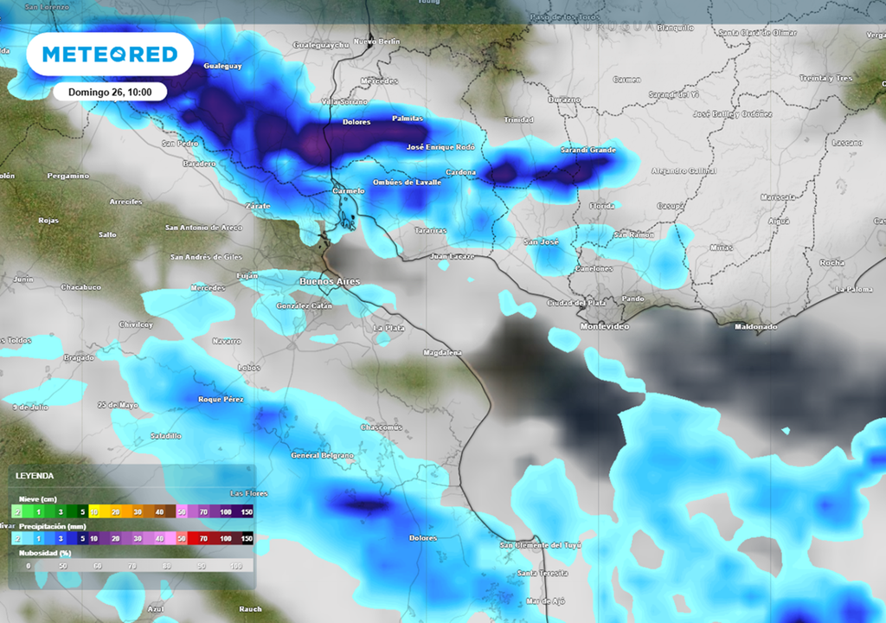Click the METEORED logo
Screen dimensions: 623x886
click(x=109, y=55)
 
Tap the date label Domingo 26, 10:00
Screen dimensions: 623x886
click(x=110, y=92)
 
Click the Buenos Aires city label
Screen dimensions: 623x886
click(x=329, y=282)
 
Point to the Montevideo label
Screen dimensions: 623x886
click(x=605, y=326)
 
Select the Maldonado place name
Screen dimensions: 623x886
click(x=755, y=327)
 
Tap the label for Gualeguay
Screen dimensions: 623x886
click(x=222, y=66)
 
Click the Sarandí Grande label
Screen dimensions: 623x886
click(x=587, y=150)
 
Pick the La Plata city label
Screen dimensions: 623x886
click(x=388, y=328)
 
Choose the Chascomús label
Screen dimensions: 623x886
click(x=382, y=427)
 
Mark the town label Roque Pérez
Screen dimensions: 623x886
click(x=221, y=399)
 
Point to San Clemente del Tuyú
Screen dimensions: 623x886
click(x=541, y=545)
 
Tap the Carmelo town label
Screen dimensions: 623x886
click(x=348, y=190)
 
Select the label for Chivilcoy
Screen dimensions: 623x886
click(x=136, y=324)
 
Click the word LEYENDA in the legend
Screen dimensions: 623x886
click(x=35, y=475)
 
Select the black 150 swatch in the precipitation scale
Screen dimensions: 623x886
click(x=246, y=538)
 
